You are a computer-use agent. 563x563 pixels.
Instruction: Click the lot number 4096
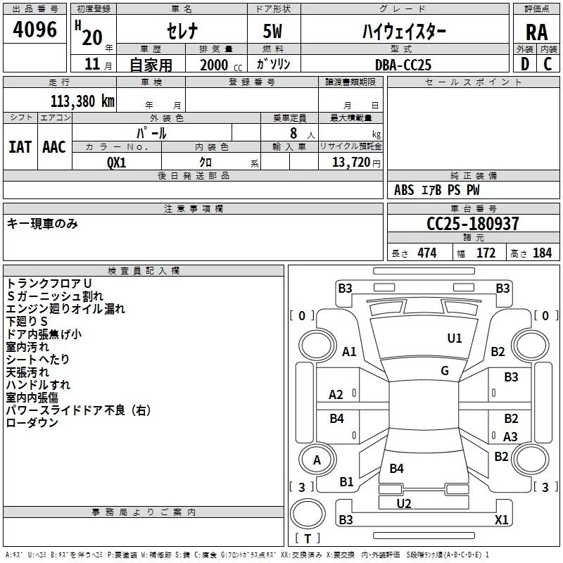click(35, 29)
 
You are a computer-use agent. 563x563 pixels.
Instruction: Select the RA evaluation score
click(536, 32)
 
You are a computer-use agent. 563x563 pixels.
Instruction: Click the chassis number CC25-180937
click(473, 224)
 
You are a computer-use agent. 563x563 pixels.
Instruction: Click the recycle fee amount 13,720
click(350, 162)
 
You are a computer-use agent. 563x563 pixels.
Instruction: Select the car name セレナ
click(181, 32)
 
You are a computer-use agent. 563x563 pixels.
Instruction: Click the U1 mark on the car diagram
click(455, 339)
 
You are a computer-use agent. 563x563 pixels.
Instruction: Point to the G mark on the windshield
click(445, 371)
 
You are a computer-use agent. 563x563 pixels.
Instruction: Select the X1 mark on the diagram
click(501, 520)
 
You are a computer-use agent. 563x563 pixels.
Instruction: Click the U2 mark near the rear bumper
click(404, 503)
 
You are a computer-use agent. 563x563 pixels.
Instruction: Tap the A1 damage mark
click(349, 352)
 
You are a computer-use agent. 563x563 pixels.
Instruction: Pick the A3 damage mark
click(511, 436)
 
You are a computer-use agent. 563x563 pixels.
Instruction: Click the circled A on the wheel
click(317, 460)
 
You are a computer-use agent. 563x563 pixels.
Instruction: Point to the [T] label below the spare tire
click(307, 538)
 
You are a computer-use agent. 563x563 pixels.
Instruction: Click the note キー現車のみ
click(42, 224)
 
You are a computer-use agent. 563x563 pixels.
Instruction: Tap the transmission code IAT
click(20, 146)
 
